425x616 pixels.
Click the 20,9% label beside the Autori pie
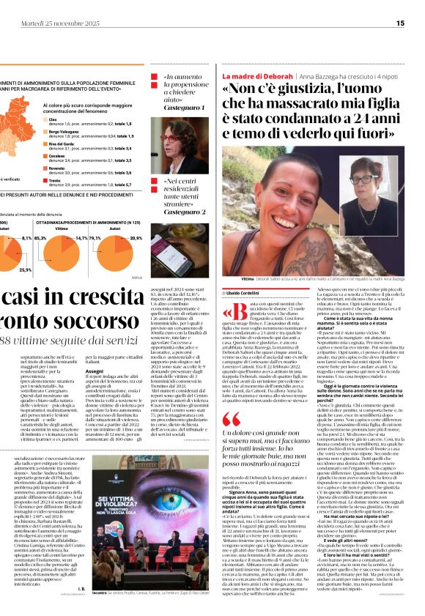136,238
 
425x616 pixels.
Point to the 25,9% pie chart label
26,270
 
